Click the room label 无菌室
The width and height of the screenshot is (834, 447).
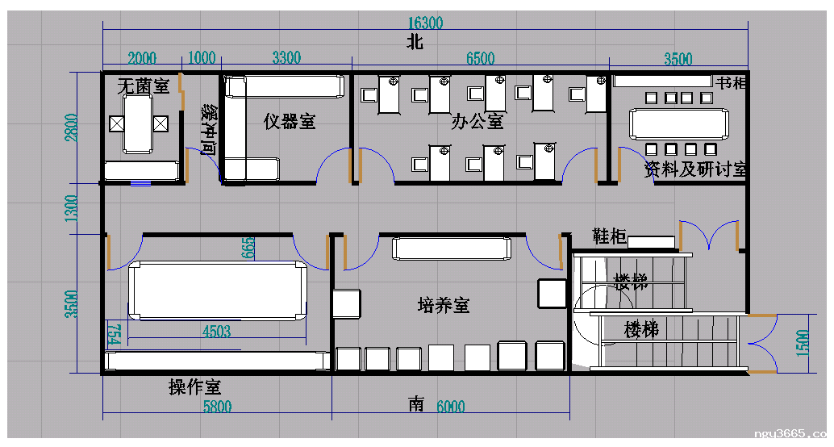pyautogui.click(x=143, y=85)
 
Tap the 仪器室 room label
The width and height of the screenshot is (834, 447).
pyautogui.click(x=290, y=122)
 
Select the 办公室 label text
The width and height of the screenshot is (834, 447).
pyautogui.click(x=477, y=122)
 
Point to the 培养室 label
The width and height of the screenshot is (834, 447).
pyautogui.click(x=444, y=305)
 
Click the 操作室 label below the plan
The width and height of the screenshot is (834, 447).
pyautogui.click(x=194, y=387)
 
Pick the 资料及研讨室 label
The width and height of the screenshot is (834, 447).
pyautogui.click(x=694, y=170)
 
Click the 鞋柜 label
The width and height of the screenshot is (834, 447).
pyautogui.click(x=609, y=236)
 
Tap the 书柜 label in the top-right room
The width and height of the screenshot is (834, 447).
pyautogui.click(x=732, y=83)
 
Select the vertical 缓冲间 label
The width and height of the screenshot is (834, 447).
pyautogui.click(x=208, y=128)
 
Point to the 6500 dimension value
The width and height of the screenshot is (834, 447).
pyautogui.click(x=480, y=58)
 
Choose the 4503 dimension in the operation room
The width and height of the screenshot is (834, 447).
pyautogui.click(x=216, y=331)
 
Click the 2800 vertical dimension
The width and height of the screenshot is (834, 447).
pyautogui.click(x=73, y=127)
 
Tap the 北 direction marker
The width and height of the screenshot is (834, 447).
pyautogui.click(x=415, y=44)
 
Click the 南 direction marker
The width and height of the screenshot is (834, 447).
pyautogui.click(x=416, y=404)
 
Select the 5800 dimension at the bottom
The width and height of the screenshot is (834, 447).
pyautogui.click(x=216, y=407)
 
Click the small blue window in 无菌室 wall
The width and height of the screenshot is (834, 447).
pyautogui.click(x=141, y=183)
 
